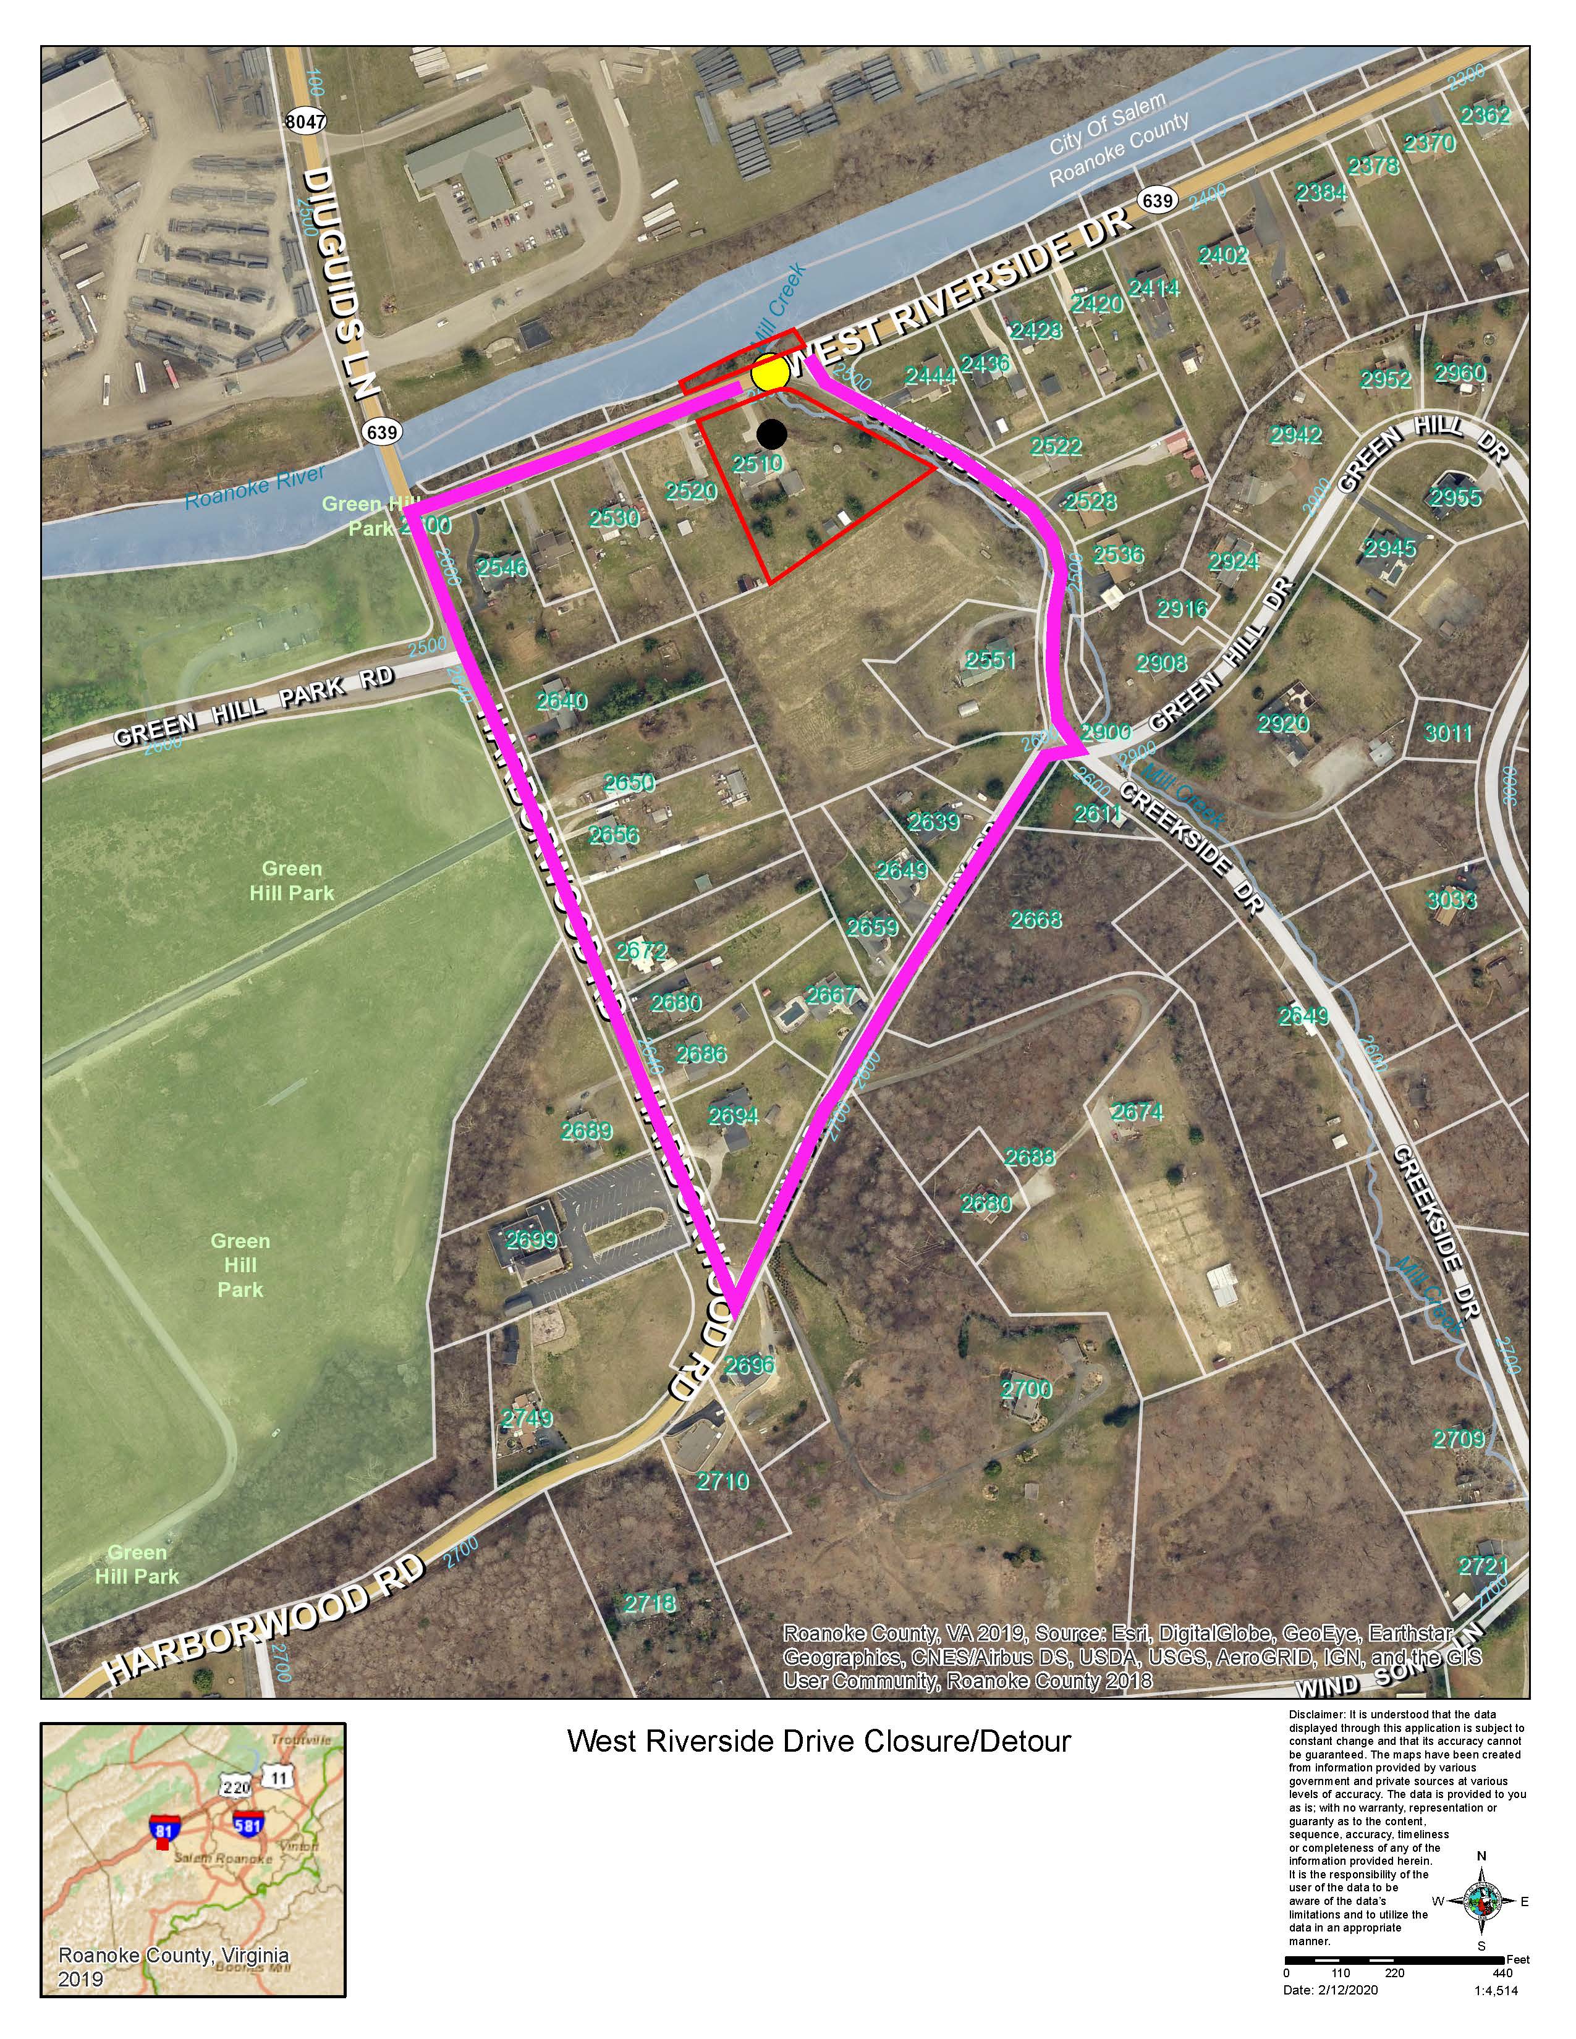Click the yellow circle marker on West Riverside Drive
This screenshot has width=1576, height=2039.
click(x=770, y=373)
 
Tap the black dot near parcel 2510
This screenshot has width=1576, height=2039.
click(x=771, y=433)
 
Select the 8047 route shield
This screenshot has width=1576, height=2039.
click(x=306, y=121)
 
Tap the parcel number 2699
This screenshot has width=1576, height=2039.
click(x=532, y=1241)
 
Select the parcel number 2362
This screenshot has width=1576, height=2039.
click(x=1485, y=116)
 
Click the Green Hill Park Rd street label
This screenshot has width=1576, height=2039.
click(x=254, y=705)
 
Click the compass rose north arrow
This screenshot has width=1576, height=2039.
click(x=1481, y=1901)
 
